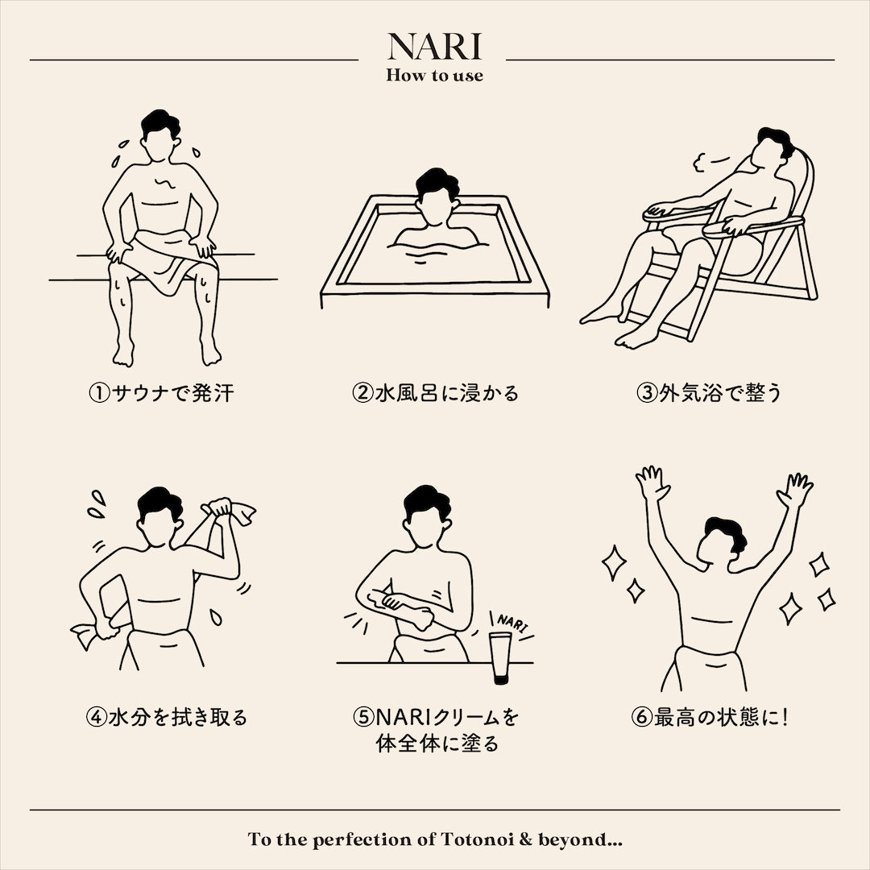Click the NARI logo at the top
[434, 46]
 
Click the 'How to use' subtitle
[434, 75]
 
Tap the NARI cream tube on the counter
[501, 658]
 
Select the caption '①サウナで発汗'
[161, 393]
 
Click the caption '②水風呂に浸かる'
[435, 393]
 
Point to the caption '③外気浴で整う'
[709, 393]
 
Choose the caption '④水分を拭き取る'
[167, 717]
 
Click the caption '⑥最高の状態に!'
[710, 717]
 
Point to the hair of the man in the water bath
[437, 183]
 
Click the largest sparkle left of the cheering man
[614, 562]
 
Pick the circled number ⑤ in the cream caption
[363, 717]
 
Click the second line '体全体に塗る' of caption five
[437, 744]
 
